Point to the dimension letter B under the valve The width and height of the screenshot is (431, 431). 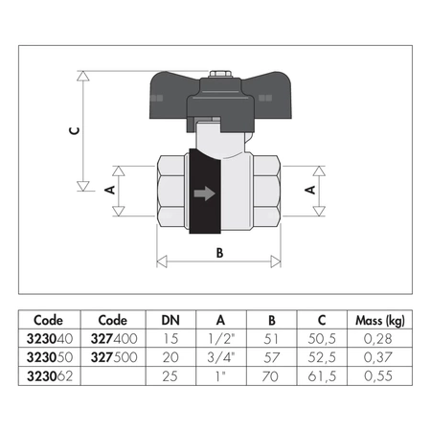click(x=220, y=255)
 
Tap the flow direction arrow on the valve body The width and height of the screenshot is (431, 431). click(x=204, y=193)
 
